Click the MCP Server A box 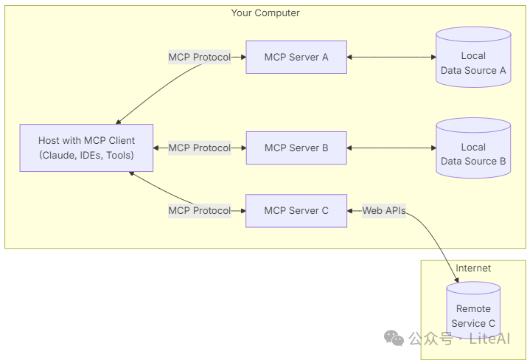(296, 58)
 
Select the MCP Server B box (296, 148)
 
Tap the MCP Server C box (296, 211)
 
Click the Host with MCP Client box (86, 148)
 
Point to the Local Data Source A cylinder (473, 58)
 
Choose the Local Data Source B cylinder (473, 148)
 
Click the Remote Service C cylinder (473, 311)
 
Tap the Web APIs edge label (384, 211)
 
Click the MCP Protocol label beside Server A (200, 58)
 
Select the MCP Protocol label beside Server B (200, 148)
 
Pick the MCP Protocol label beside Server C (200, 211)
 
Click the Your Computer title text (265, 13)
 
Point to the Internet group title (473, 268)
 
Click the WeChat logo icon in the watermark (394, 338)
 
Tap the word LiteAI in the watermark (489, 339)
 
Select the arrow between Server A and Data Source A (391, 58)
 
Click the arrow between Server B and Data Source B (391, 148)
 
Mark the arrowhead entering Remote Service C (456, 280)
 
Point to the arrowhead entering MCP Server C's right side (349, 211)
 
